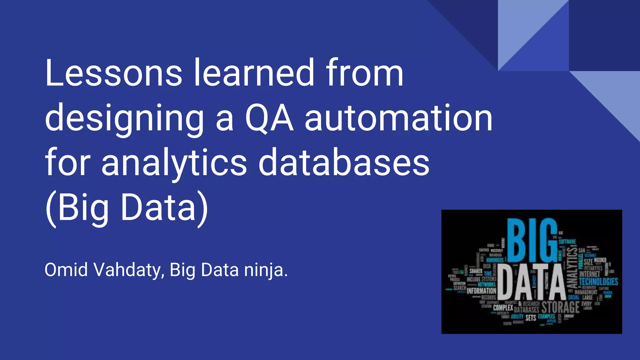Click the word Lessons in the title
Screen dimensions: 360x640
[113, 73]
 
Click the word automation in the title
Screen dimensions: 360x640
[398, 118]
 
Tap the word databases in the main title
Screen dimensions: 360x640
[344, 162]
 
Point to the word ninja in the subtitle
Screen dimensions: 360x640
[266, 270]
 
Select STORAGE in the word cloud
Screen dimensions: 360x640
[560, 307]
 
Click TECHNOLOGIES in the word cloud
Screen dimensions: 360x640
[598, 282]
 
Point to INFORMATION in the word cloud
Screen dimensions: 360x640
[481, 291]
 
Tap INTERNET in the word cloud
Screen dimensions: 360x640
[589, 274]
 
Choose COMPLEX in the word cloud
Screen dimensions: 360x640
[503, 308]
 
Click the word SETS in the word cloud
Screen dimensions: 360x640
[531, 318]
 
